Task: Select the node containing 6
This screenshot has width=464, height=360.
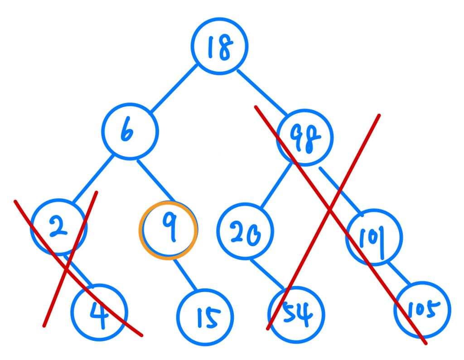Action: tap(130, 132)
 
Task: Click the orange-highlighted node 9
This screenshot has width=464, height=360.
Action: tap(168, 231)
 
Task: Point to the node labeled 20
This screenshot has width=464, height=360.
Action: tap(245, 232)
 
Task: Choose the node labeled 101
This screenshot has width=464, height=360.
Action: tap(374, 237)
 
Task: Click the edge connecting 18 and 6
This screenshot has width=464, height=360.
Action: tap(174, 88)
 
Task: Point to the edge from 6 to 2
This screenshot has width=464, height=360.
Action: tap(92, 180)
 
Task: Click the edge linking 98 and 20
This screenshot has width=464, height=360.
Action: tap(277, 185)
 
